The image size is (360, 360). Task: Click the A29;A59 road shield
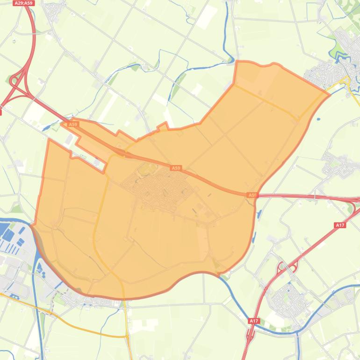tap(23, 3)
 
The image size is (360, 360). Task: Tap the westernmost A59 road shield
tap(72, 124)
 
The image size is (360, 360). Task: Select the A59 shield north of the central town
tap(175, 167)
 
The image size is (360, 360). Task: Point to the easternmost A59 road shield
tap(252, 195)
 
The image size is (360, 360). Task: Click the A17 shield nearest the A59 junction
tap(340, 225)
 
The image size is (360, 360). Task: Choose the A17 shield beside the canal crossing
tap(253, 321)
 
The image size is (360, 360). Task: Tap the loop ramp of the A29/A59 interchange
tap(14, 80)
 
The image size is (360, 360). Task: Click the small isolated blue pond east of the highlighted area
tap(318, 106)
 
